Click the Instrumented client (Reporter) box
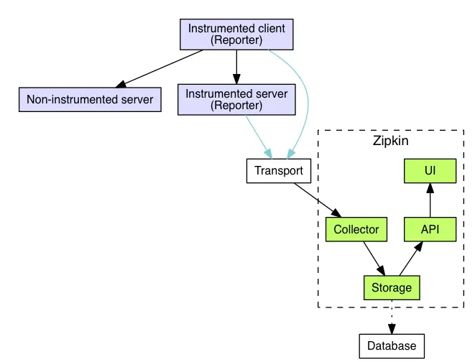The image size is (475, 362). tap(236, 34)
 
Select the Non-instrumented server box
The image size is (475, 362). tap(90, 100)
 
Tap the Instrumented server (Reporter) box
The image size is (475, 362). tap(236, 100)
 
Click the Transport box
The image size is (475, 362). tap(279, 172)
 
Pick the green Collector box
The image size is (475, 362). tap(356, 230)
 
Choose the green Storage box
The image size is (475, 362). tap(391, 288)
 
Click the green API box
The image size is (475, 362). tap(430, 230)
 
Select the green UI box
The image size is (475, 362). tap(430, 172)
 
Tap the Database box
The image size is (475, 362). tap(392, 345)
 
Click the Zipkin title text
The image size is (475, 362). tap(390, 141)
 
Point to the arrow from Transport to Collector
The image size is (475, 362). tap(317, 200)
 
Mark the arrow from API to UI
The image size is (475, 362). tap(430, 200)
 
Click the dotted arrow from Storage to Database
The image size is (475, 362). tap(392, 317)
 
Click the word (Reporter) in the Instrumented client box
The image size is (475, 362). tap(236, 40)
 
